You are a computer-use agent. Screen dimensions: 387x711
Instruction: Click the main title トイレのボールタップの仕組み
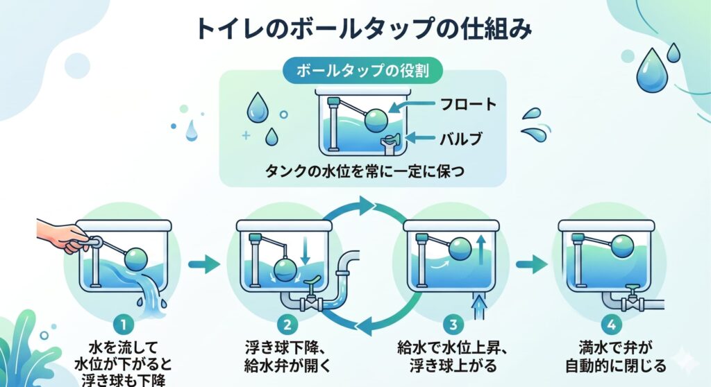pos(363,29)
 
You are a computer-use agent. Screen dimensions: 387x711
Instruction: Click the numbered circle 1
pos(122,324)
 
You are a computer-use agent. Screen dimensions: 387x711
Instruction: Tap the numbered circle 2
pos(286,324)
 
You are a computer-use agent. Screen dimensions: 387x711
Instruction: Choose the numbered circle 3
pos(453,324)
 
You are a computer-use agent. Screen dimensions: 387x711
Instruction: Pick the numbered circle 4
pos(610,324)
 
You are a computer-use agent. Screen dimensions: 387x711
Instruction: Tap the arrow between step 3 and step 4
pos(530,264)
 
